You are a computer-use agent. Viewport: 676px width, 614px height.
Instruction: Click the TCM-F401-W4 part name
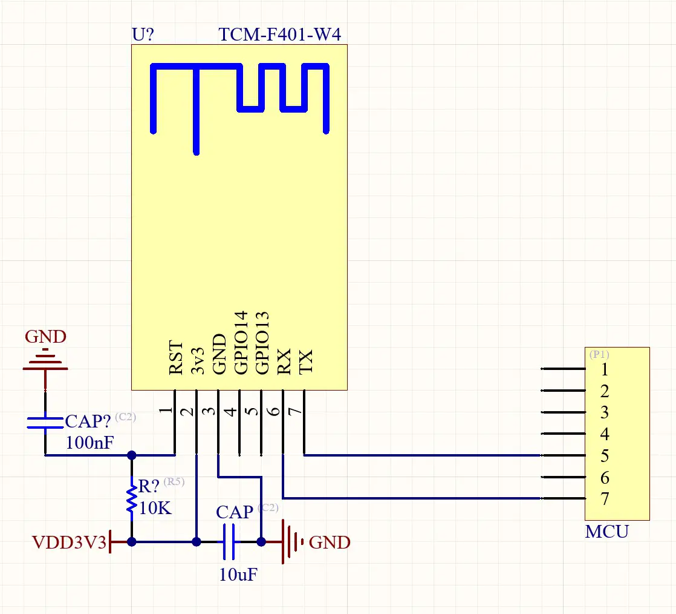pyautogui.click(x=279, y=35)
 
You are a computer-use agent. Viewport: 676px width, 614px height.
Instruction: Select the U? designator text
pyautogui.click(x=143, y=35)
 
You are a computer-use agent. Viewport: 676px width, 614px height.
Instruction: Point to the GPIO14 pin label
pyautogui.click(x=241, y=342)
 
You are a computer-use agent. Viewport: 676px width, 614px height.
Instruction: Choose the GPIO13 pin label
pyautogui.click(x=262, y=342)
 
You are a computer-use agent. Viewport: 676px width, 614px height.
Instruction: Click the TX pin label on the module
pyautogui.click(x=306, y=361)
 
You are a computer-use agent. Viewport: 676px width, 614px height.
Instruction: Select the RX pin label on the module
pyautogui.click(x=284, y=361)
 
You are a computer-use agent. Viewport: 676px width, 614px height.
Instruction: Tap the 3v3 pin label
pyautogui.click(x=198, y=361)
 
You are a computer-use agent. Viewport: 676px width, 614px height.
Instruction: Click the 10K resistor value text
pyautogui.click(x=155, y=508)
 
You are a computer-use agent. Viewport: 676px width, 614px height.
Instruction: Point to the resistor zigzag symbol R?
pyautogui.click(x=131, y=500)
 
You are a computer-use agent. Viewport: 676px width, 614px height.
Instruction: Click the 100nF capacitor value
pyautogui.click(x=89, y=443)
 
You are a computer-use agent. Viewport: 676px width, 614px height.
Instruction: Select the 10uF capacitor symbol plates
pyautogui.click(x=229, y=542)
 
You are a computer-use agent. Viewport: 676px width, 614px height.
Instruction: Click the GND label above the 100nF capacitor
pyautogui.click(x=45, y=337)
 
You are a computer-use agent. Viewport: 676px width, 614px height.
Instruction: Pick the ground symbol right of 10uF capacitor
pyautogui.click(x=293, y=542)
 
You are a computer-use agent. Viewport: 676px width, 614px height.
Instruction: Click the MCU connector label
pyautogui.click(x=606, y=532)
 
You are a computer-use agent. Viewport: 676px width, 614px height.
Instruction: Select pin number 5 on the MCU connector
pyautogui.click(x=605, y=455)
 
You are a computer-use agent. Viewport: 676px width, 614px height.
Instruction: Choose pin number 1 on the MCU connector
pyautogui.click(x=605, y=369)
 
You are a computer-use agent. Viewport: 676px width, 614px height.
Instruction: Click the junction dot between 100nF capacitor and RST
pyautogui.click(x=131, y=455)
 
